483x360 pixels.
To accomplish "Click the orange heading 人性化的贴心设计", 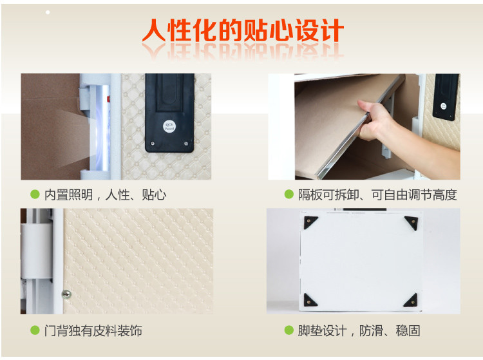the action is coord(243,30).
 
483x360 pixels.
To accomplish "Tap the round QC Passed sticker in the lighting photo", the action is coord(169,126).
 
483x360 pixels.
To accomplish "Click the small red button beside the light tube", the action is coord(108,99).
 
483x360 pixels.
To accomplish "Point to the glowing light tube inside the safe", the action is coord(102,128).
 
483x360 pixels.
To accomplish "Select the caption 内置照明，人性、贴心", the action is coord(106,194).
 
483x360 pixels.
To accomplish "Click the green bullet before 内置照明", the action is coord(35,194).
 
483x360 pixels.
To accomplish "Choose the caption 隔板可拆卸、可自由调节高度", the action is coord(377,194).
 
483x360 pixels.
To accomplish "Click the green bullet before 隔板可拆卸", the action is coord(289,194).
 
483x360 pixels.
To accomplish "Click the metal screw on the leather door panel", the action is coord(66,294).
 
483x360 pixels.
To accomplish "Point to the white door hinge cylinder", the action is coord(37,251).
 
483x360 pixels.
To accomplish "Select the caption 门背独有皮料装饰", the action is coord(93,331).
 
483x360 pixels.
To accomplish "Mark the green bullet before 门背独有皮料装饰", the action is coord(35,330).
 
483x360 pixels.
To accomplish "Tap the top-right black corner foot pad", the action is coord(412,222).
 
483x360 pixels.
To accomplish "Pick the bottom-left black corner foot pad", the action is coord(309,301).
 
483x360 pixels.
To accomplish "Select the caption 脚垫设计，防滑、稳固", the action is coord(359,331).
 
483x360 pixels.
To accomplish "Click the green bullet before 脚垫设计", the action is coord(289,330).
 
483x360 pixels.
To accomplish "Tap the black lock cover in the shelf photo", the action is coord(446,97).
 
